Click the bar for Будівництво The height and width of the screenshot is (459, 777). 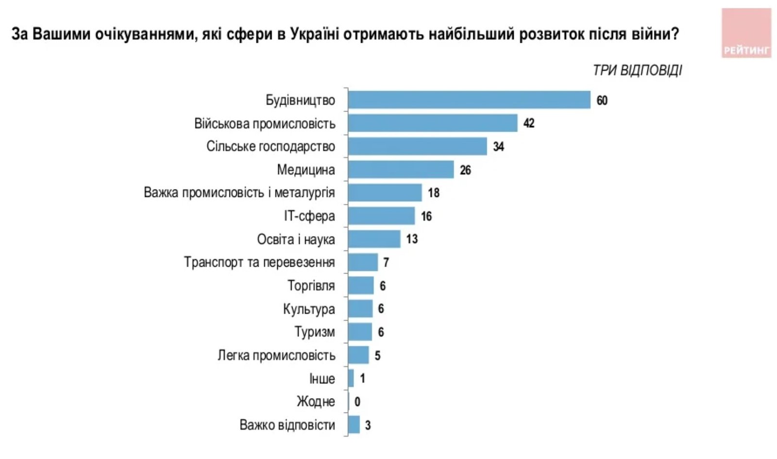tap(469, 100)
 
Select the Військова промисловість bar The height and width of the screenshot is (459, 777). tap(432, 123)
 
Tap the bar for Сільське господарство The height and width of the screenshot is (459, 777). tap(417, 146)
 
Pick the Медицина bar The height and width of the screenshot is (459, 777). tap(401, 170)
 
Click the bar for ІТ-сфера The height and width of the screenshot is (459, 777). tap(381, 216)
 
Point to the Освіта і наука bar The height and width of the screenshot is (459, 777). tap(374, 239)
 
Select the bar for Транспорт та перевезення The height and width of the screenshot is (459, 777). tap(363, 262)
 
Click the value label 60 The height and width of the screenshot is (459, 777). tap(602, 101)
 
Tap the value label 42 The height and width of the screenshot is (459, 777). tap(528, 123)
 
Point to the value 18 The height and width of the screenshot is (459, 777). tap(433, 193)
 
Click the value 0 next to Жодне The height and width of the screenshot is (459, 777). tap(357, 402)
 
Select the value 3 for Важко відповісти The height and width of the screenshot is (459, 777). tap(368, 425)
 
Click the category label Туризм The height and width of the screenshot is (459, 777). tap(314, 332)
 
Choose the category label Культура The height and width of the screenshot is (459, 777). tap(309, 309)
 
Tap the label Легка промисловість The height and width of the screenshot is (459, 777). tap(276, 356)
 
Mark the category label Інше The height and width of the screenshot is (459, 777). tap(322, 379)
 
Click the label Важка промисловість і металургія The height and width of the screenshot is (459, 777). tap(239, 193)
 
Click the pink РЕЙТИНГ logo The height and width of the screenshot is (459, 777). tap(746, 33)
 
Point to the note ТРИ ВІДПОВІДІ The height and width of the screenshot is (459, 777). tap(637, 70)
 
